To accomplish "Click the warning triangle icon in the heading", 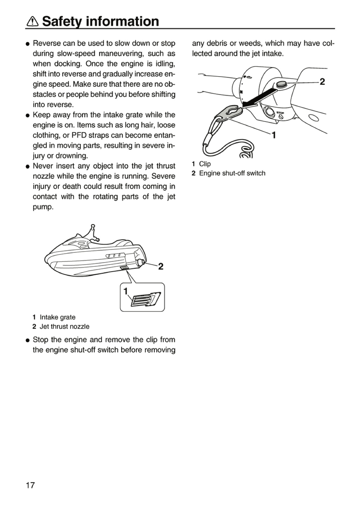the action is (x=33, y=21).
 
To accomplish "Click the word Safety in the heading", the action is (x=62, y=22).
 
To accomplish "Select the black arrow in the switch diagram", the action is (x=260, y=97).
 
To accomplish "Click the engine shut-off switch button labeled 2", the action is (x=281, y=84).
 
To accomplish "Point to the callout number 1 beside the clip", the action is (x=274, y=135).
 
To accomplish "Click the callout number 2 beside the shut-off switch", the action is (x=322, y=82).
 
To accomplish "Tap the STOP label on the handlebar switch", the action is (x=280, y=113).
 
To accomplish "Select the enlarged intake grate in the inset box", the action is (x=146, y=300).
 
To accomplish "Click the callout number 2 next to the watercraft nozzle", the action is (x=161, y=267).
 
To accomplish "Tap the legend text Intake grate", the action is (x=58, y=317).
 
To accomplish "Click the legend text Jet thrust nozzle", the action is (x=65, y=326).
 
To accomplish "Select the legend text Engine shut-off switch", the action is (x=232, y=173).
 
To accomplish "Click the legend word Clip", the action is (x=205, y=164).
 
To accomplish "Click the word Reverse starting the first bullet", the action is (x=47, y=43).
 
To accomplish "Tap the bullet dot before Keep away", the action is (x=28, y=116).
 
